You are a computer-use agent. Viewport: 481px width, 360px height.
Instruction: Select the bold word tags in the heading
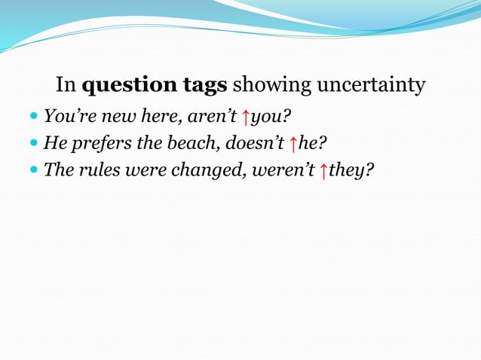tap(200, 86)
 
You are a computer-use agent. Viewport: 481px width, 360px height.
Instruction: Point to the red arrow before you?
tap(245, 117)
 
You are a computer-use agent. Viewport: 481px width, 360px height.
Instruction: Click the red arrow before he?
tap(294, 143)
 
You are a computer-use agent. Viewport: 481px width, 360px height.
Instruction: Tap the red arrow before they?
tap(323, 169)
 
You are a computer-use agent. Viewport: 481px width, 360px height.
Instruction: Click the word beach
tap(192, 142)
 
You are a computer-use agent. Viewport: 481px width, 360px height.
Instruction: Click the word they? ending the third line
tap(351, 169)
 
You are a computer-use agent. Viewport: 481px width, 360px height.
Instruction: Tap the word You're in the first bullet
tap(65, 117)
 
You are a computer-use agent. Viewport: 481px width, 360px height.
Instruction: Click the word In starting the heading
tap(66, 86)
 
